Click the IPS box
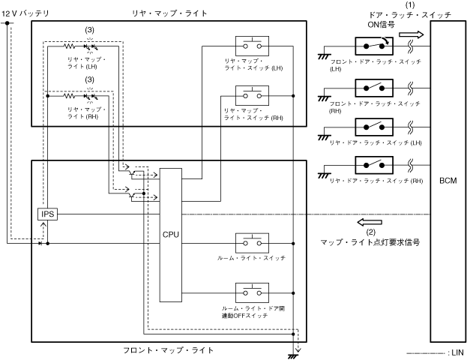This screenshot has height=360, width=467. (48, 214)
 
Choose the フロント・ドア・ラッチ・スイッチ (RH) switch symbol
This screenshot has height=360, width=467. (370, 87)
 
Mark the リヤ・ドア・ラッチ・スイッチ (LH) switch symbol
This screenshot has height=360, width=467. (370, 126)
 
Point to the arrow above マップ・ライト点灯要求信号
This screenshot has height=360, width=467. (368, 223)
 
